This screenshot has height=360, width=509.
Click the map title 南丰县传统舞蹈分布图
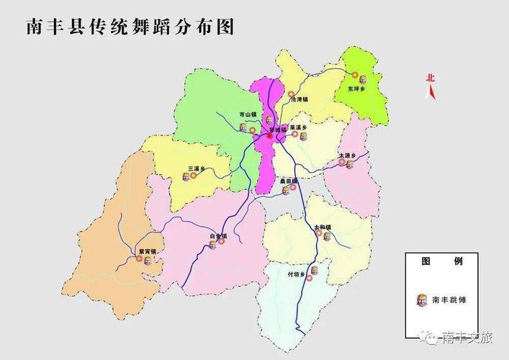tap(130, 27)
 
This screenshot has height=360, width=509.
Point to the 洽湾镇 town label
tap(298, 100)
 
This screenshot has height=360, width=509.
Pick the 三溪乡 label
tap(197, 169)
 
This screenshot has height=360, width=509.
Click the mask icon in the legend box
tap(423, 299)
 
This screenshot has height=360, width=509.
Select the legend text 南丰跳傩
tap(449, 300)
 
